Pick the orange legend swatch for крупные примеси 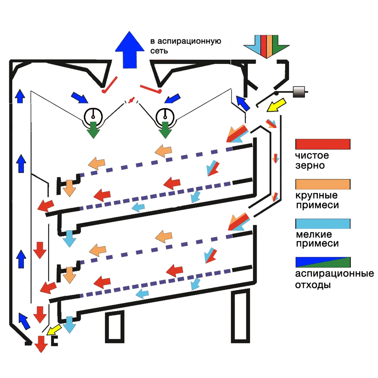click(x=323, y=184)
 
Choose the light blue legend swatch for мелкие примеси click(x=323, y=224)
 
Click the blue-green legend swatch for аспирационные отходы click(x=323, y=262)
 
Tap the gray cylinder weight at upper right click(x=299, y=92)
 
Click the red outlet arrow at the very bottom click(x=41, y=344)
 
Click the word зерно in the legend click(x=310, y=166)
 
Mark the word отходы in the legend click(x=312, y=285)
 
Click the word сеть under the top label click(x=159, y=51)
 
